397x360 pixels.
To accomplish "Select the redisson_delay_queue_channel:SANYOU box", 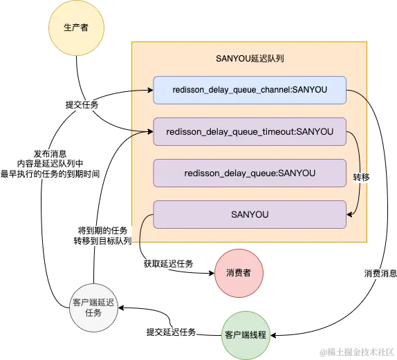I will point(249,90).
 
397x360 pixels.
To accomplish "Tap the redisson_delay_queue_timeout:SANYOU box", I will point(249,131).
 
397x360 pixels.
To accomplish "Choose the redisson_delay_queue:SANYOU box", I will point(249,173).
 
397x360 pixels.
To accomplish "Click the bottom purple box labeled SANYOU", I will point(249,214).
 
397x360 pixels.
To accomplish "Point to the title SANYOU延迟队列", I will point(250,59).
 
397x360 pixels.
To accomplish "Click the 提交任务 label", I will point(81,105).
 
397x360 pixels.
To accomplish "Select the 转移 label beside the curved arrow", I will point(361,177).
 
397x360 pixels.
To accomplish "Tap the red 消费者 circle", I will point(238,273).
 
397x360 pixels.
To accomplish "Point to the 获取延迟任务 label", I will point(168,264).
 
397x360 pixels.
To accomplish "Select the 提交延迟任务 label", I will point(171,332).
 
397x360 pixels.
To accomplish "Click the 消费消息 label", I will point(380,274).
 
